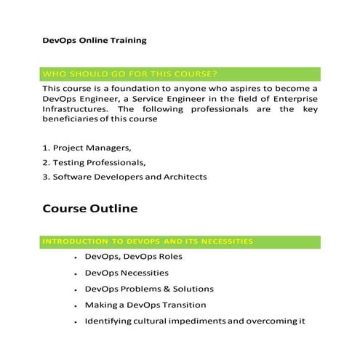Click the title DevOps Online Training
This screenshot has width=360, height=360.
point(94,40)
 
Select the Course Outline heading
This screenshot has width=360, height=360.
point(89,209)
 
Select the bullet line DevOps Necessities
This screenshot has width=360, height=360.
point(127,273)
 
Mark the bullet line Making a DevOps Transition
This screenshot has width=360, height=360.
point(145,305)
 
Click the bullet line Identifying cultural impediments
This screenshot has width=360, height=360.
point(194,321)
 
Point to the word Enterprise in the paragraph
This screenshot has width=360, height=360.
point(295,98)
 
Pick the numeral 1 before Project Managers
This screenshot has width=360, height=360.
point(45,148)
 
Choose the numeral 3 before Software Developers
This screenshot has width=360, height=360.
point(45,177)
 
